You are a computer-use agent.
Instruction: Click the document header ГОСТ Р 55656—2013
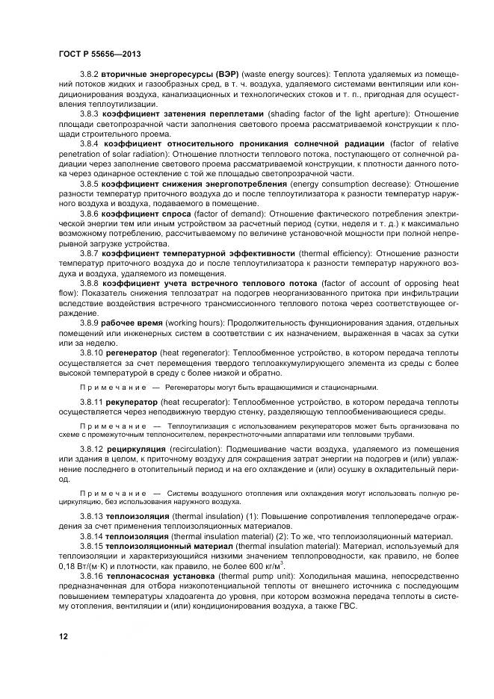99,55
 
